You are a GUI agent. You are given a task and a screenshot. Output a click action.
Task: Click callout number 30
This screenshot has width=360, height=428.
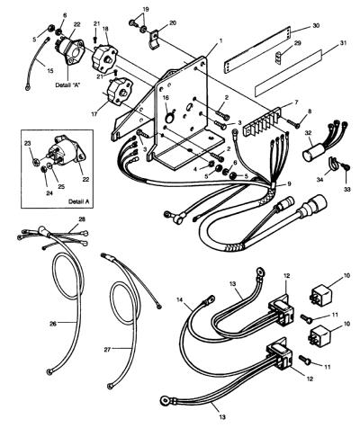click(316, 26)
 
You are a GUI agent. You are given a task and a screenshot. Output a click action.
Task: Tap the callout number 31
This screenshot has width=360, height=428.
click(343, 43)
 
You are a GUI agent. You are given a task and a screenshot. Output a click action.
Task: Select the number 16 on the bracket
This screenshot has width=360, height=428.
click(166, 98)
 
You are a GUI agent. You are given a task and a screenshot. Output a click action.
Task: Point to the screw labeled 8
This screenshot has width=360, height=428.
click(292, 123)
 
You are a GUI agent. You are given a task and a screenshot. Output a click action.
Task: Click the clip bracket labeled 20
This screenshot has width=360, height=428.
click(155, 40)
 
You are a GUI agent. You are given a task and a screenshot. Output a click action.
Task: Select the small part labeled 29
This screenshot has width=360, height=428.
click(279, 57)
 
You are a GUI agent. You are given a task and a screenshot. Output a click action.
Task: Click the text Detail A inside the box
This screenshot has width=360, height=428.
click(79, 201)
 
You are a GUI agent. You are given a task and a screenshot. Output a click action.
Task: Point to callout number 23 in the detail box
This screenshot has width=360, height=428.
click(28, 144)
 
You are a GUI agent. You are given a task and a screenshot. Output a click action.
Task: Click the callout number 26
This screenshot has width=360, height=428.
click(53, 324)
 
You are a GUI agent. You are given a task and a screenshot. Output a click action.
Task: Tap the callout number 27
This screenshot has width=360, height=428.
click(107, 350)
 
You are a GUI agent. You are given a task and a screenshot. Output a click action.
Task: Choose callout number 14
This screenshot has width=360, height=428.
click(179, 299)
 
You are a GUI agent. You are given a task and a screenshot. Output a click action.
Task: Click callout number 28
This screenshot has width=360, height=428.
click(82, 219)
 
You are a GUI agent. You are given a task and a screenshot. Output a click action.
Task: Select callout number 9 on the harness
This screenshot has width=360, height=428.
click(289, 184)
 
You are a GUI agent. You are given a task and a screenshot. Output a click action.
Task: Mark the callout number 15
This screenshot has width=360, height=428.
click(50, 71)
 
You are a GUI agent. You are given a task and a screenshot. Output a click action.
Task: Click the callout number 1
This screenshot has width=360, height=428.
click(221, 40)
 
